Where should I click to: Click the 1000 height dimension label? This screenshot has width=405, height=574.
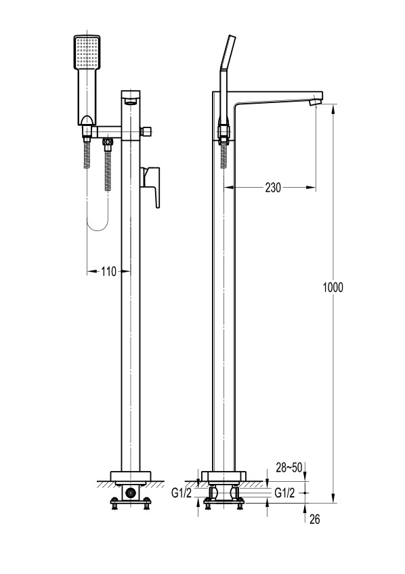pyautogui.click(x=333, y=287)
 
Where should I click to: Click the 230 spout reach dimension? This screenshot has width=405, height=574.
pyautogui.click(x=273, y=188)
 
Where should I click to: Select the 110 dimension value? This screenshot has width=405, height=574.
pyautogui.click(x=108, y=272)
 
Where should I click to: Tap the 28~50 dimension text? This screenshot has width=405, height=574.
pyautogui.click(x=289, y=468)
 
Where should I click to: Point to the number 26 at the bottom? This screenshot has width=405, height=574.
pyautogui.click(x=315, y=519)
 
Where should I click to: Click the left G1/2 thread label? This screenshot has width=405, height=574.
pyautogui.click(x=181, y=493)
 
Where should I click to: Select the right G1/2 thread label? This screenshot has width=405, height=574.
pyautogui.click(x=284, y=493)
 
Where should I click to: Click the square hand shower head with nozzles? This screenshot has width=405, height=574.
pyautogui.click(x=87, y=52)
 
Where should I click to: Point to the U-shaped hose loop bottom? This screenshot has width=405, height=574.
pyautogui.click(x=98, y=226)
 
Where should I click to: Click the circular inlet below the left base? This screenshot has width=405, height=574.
pyautogui.click(x=130, y=493)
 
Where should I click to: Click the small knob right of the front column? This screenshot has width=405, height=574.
pyautogui.click(x=147, y=131)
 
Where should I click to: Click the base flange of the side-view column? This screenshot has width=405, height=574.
pyautogui.click(x=223, y=476)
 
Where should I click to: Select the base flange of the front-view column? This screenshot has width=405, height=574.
pyautogui.click(x=130, y=476)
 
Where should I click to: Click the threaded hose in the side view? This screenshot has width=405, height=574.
pyautogui.click(x=223, y=156)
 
